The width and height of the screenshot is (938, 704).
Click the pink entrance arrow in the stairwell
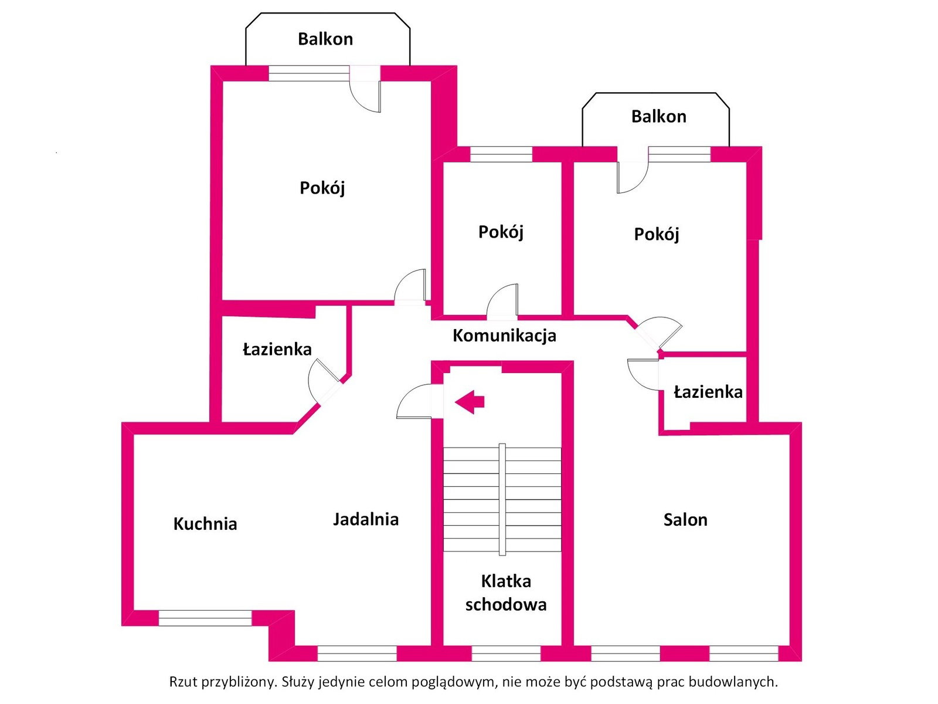[x=469, y=402]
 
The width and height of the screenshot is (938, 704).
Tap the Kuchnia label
[x=205, y=524]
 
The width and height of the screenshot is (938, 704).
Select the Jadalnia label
[x=366, y=519]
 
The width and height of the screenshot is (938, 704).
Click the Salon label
[x=685, y=520]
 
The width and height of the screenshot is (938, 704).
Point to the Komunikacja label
[x=505, y=336]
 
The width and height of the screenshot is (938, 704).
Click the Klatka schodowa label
[x=506, y=593]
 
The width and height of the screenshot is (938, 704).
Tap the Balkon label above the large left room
[x=325, y=39]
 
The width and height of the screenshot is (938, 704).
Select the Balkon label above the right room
[x=659, y=117]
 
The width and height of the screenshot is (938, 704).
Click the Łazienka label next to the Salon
[x=708, y=392]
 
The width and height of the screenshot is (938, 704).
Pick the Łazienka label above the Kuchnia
[x=277, y=350]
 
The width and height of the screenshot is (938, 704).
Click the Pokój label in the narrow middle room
[x=501, y=232]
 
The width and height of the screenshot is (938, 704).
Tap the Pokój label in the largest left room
[x=322, y=188]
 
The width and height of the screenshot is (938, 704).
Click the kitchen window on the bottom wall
[x=205, y=618]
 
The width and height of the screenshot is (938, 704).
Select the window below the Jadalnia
[x=357, y=653]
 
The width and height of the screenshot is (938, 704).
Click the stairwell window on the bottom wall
[x=506, y=653]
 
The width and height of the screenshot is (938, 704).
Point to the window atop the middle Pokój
[x=501, y=154]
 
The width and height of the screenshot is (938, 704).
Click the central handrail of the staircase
[x=502, y=499]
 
